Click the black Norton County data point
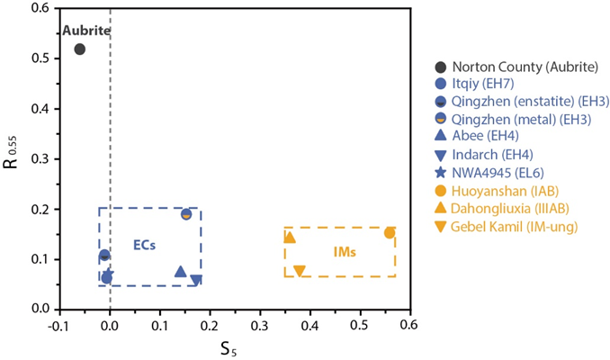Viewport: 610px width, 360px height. tap(79, 49)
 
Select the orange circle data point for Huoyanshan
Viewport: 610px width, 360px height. tap(390, 233)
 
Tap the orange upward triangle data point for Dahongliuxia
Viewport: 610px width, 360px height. tap(290, 237)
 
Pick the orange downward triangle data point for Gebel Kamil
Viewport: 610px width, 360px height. tap(300, 271)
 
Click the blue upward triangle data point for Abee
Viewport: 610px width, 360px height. tap(180, 271)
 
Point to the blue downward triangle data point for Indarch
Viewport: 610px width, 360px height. tap(196, 281)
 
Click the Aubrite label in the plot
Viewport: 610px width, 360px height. tap(85, 31)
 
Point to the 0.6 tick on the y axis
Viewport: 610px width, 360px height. tap(40, 8)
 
